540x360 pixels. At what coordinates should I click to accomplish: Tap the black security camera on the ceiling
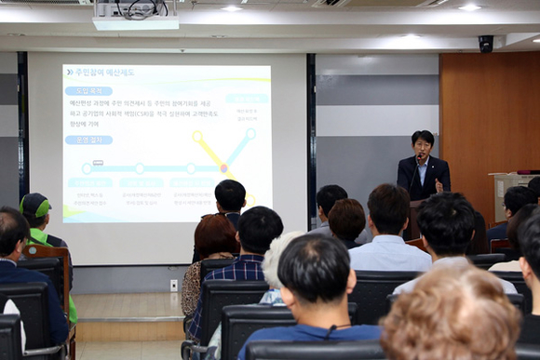click(485, 44)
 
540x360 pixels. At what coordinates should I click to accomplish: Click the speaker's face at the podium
click(423, 146)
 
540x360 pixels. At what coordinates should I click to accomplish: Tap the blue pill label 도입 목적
click(88, 91)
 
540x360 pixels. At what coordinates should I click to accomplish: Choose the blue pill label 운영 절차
click(88, 140)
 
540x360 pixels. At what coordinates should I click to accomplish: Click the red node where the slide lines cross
click(223, 168)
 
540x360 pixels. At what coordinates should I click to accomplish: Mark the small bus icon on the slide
click(97, 162)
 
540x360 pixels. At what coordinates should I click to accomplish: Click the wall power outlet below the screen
click(173, 285)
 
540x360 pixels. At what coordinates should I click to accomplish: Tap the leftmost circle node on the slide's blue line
click(87, 168)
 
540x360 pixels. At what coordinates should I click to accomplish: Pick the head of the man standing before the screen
click(230, 194)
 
